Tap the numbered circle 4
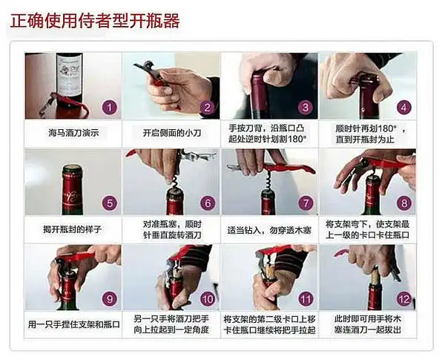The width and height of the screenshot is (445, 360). point(403,107)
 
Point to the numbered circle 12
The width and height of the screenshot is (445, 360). point(403,299)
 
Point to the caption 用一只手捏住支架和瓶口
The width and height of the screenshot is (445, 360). point(73,324)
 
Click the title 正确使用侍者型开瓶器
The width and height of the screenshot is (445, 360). point(94,20)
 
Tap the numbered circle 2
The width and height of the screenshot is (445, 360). point(207,107)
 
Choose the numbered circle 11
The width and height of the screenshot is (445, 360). point(305,299)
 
